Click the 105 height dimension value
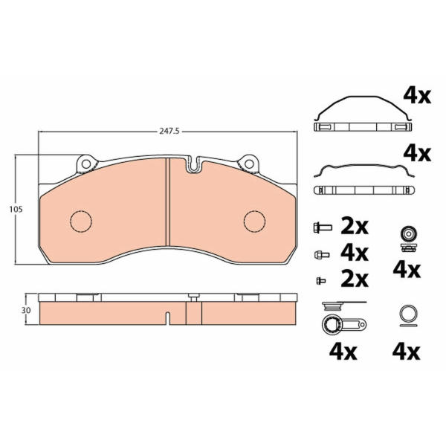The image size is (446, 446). coord(16,210)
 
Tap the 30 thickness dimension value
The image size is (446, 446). coord(26,310)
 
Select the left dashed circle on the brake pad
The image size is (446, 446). coord(81,222)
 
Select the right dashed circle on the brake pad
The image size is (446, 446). coord(254,222)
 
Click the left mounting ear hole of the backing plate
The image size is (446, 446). coord(86,164)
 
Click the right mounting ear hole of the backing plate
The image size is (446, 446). coord(249,164)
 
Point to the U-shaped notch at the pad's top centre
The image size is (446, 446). coord(194,165)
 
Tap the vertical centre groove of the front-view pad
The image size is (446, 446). coord(167,202)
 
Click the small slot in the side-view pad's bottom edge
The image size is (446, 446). coord(168,318)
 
